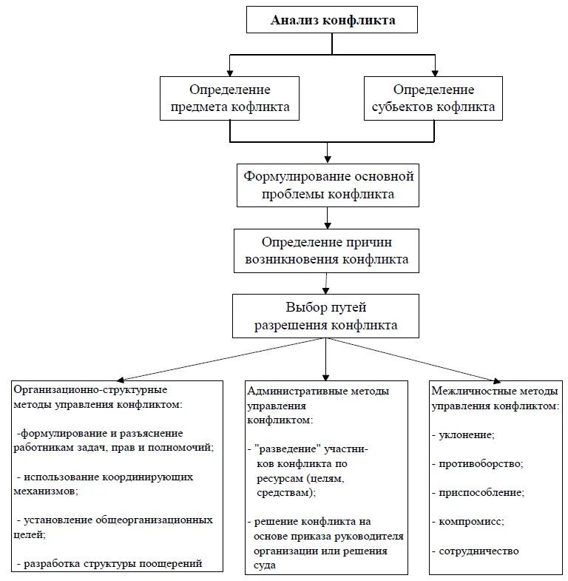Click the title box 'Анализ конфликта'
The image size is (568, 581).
coord(332,21)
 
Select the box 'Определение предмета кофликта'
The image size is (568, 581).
coord(231,99)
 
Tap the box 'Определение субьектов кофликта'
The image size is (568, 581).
coord(433,98)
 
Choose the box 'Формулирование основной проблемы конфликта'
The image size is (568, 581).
coord(328,186)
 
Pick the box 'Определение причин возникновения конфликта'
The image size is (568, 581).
coord(326,251)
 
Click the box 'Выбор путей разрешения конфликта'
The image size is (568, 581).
coord(326,316)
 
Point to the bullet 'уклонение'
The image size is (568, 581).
coord(466,435)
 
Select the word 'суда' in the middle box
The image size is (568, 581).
coord(263,565)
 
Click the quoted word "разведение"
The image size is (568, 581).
coord(288,449)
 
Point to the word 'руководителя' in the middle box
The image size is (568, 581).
coord(372,537)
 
